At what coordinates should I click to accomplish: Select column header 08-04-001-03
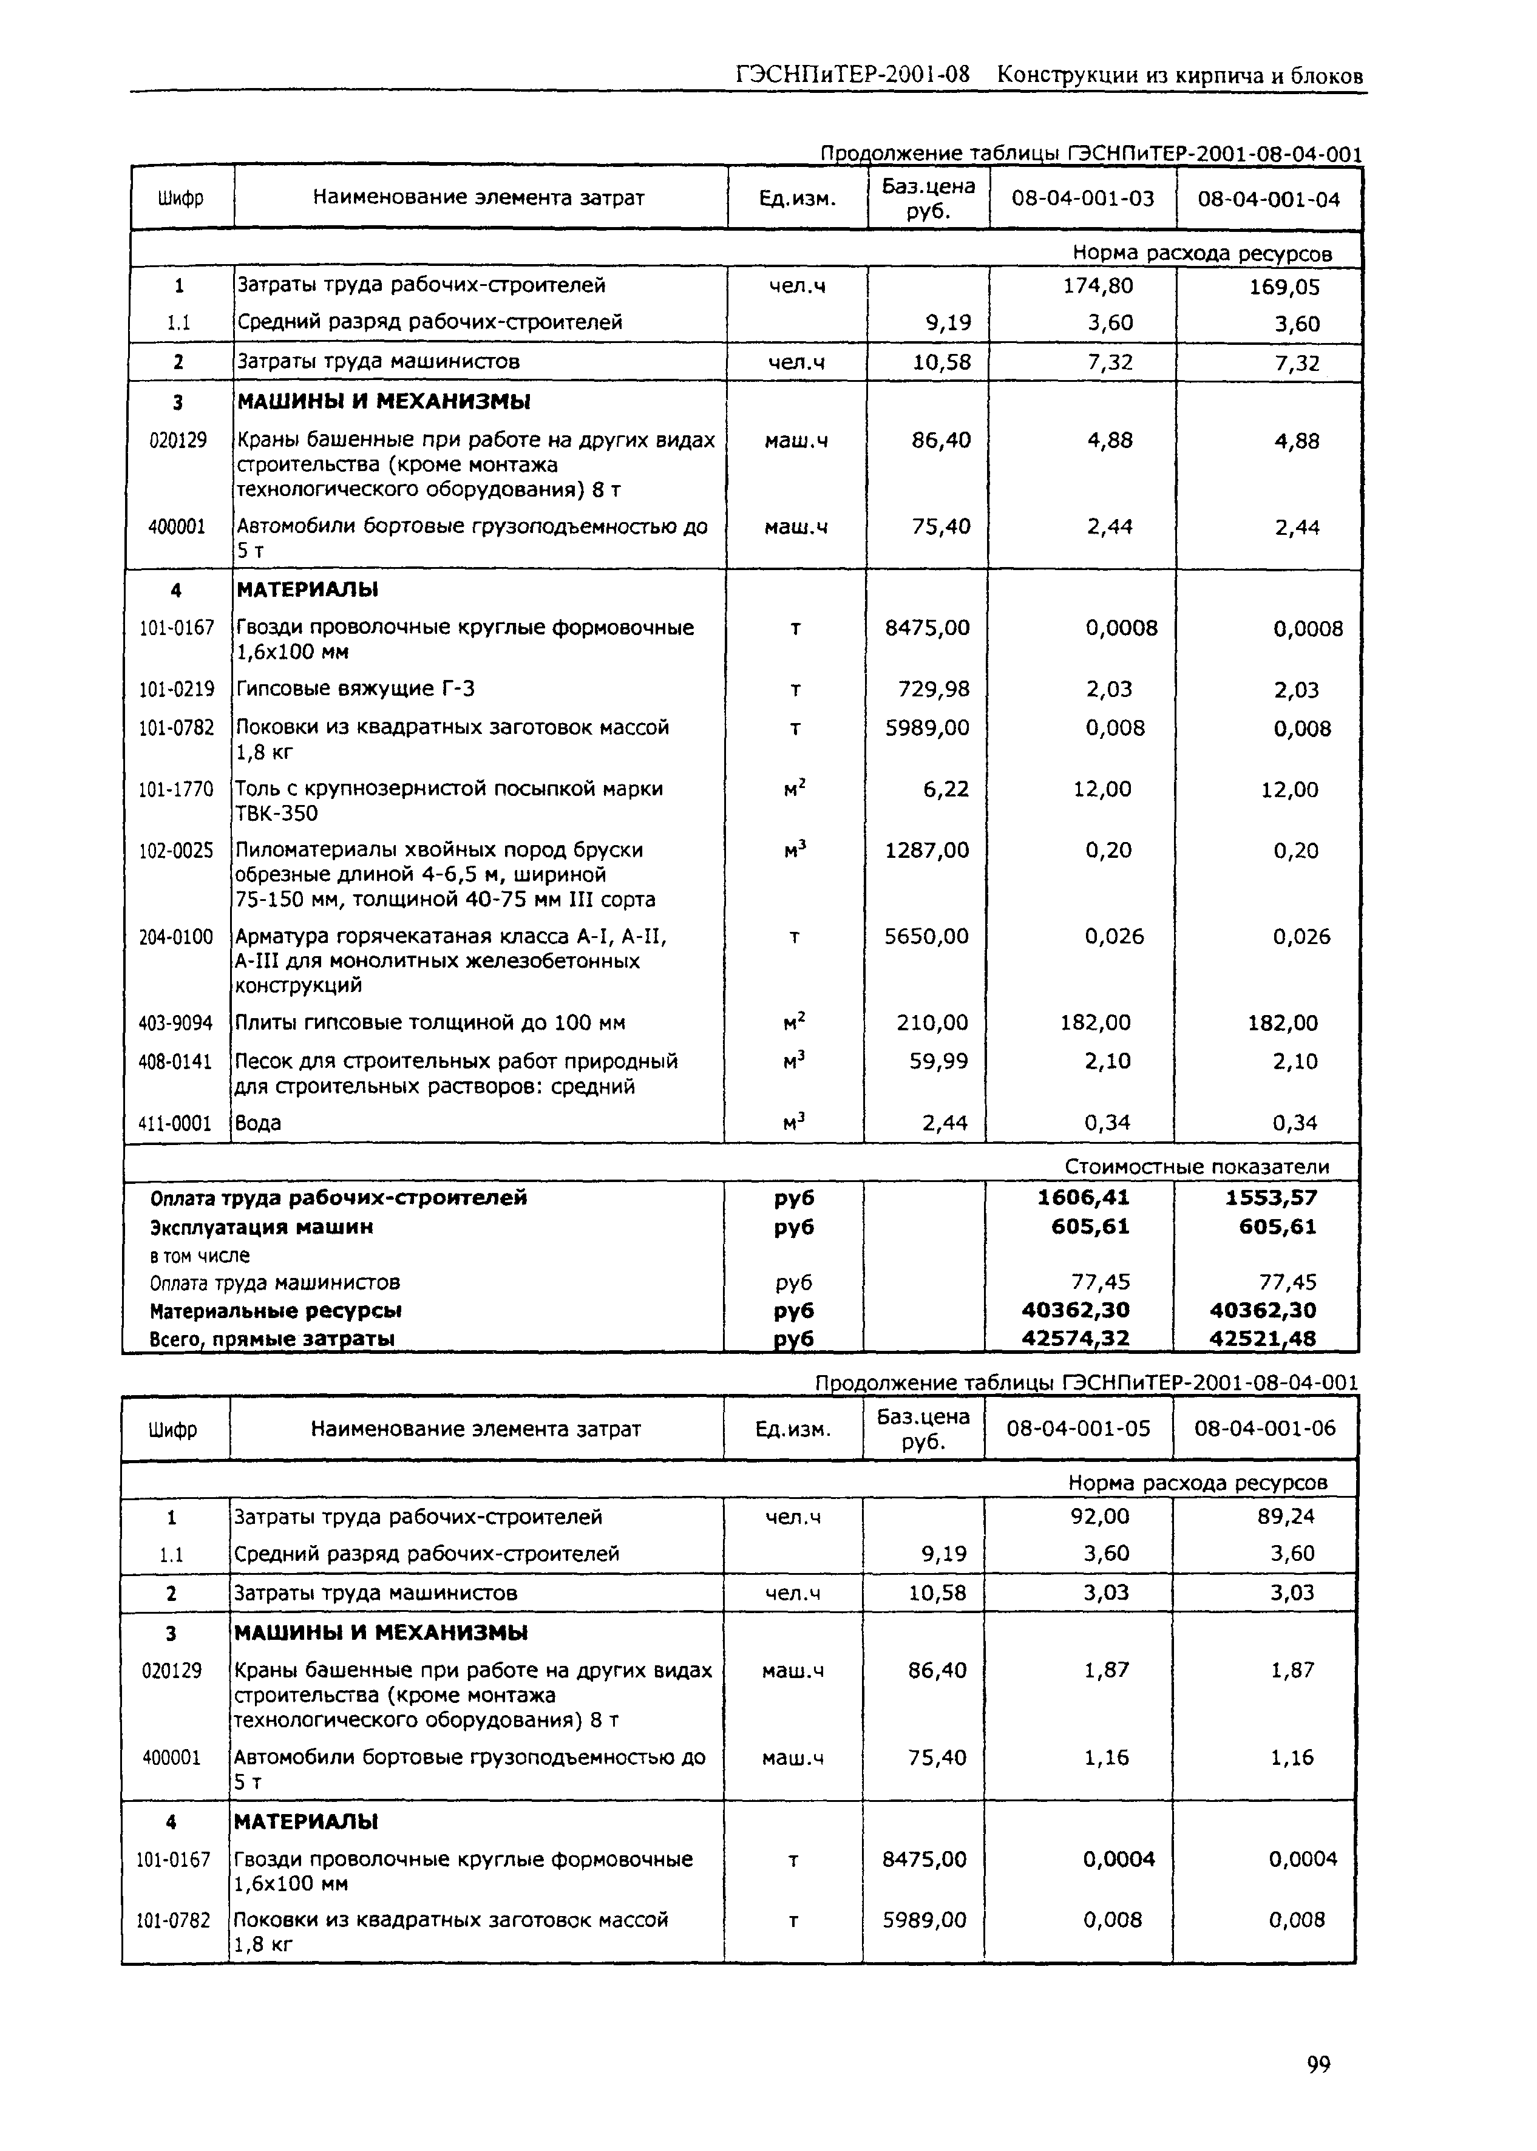click(1083, 199)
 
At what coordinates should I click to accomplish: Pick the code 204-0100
click(176, 937)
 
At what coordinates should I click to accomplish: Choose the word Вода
click(259, 1123)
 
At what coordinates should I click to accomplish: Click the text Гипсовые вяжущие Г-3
click(355, 689)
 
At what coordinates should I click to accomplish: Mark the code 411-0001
click(176, 1123)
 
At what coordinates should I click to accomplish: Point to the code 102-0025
click(176, 850)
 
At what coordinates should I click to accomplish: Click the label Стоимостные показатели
click(1196, 1167)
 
